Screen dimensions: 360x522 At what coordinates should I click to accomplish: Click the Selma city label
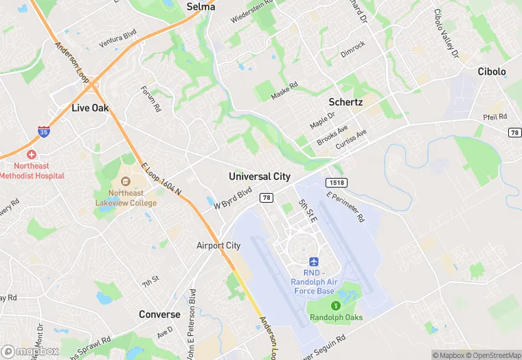point(201,7)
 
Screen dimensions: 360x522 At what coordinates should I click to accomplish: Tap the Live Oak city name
point(90,108)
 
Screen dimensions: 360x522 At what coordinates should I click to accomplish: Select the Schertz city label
point(345,102)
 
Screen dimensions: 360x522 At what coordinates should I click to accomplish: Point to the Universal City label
point(260,177)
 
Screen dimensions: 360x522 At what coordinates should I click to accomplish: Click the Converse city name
point(159,315)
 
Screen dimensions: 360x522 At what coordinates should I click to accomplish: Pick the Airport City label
point(218,245)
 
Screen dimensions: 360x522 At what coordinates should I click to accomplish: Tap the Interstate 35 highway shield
point(43,131)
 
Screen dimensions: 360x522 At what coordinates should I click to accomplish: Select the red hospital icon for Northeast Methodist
point(32,155)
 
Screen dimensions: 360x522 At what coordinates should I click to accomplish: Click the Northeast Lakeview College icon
point(125,181)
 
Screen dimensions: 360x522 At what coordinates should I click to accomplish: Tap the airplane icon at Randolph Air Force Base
point(314,262)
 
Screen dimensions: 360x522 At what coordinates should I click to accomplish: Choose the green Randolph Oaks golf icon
point(335,306)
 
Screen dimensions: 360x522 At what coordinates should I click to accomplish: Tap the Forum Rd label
point(150,99)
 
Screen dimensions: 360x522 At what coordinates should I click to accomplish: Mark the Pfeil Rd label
point(495,117)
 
